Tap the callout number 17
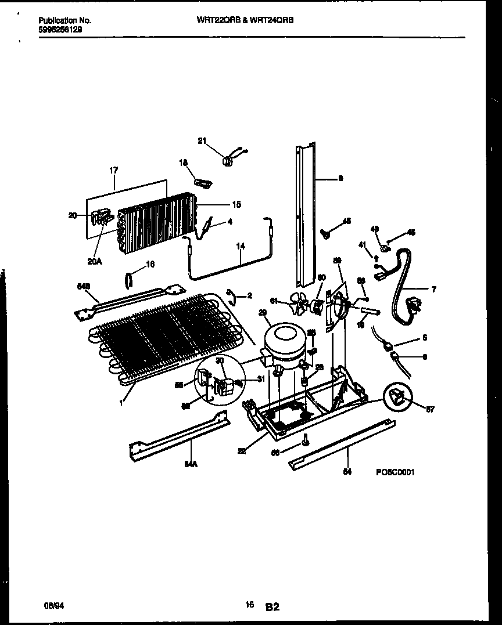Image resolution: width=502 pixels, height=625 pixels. [x=113, y=170]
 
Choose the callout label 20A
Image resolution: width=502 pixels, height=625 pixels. [x=95, y=261]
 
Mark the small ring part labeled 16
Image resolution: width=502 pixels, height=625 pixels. [x=128, y=280]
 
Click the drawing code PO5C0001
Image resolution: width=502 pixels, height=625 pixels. [x=395, y=472]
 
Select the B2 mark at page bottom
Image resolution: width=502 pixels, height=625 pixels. [x=272, y=607]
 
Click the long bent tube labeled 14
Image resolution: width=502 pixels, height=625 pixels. [x=227, y=264]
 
